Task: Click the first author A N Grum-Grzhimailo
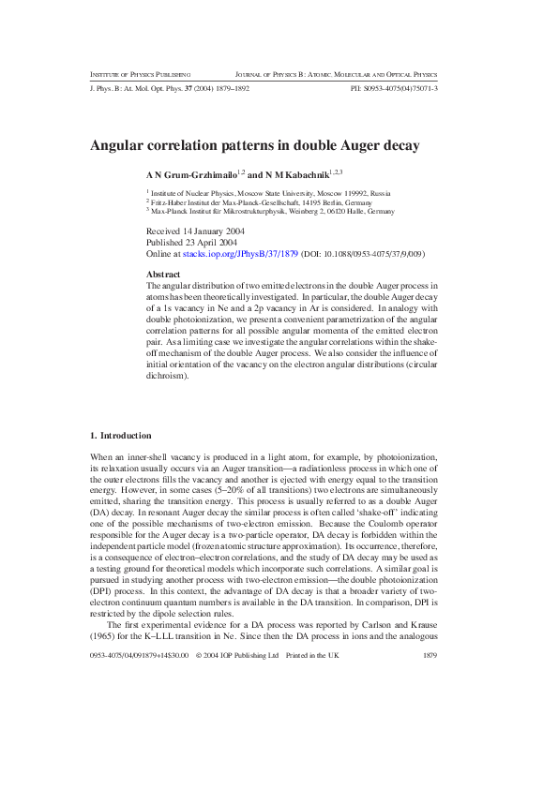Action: pyautogui.click(x=192, y=174)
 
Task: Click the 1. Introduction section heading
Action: pyautogui.click(x=113, y=435)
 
